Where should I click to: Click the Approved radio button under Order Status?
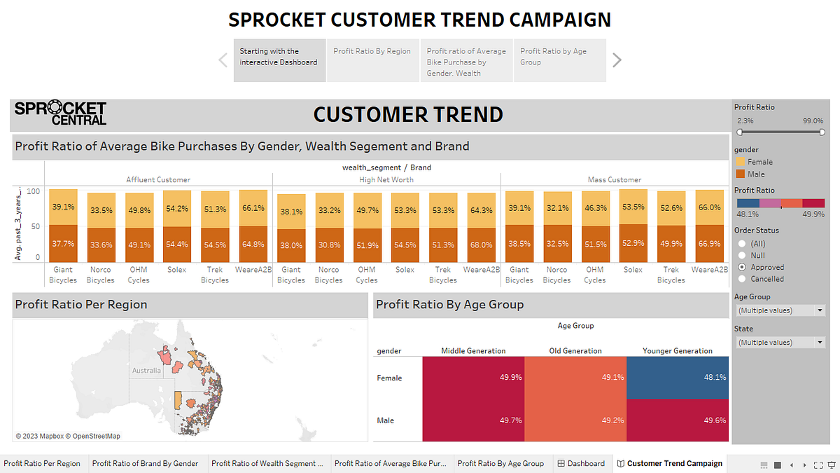(742, 267)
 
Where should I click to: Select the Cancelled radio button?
(742, 279)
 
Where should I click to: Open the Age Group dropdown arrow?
(820, 310)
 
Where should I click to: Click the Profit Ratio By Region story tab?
(372, 60)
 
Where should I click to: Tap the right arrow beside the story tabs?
(617, 60)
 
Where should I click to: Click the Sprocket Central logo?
(60, 112)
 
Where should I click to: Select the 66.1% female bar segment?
(253, 208)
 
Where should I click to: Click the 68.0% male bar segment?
(481, 245)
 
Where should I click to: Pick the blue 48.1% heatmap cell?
(678, 378)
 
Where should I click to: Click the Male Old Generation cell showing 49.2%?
(575, 420)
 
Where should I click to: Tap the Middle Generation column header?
(473, 351)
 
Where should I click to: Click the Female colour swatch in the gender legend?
(741, 162)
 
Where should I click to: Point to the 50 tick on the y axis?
(35, 226)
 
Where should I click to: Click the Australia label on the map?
(146, 371)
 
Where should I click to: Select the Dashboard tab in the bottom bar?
(581, 464)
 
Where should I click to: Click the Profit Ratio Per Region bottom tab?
(42, 464)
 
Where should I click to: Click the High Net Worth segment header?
(386, 180)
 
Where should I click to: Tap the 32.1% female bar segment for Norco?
(557, 208)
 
